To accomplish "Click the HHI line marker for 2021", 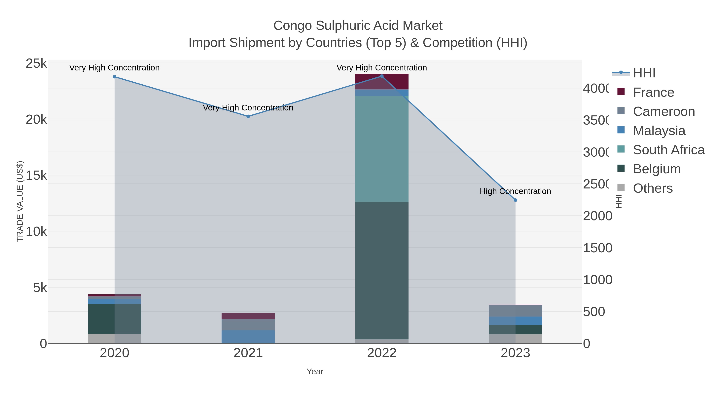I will pyautogui.click(x=248, y=116).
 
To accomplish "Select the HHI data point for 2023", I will pyautogui.click(x=515, y=200).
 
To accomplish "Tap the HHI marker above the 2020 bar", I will pyautogui.click(x=115, y=77).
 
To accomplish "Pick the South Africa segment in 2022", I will pyautogui.click(x=382, y=149).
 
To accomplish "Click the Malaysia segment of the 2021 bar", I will pyautogui.click(x=248, y=337).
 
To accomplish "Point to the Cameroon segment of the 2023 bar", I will pyautogui.click(x=515, y=311).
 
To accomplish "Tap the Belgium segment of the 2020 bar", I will pyautogui.click(x=115, y=319).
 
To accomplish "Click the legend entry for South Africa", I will pyautogui.click(x=668, y=150).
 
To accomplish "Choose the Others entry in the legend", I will pyautogui.click(x=653, y=188).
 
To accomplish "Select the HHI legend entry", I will pyautogui.click(x=644, y=73).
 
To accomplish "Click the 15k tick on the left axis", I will pyautogui.click(x=36, y=176).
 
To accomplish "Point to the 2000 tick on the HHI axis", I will pyautogui.click(x=597, y=216).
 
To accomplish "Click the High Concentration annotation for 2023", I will pyautogui.click(x=515, y=191).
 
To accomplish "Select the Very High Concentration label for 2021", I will pyautogui.click(x=248, y=108).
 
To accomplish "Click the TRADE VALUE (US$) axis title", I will pyautogui.click(x=20, y=201).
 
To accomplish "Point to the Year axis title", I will pyautogui.click(x=315, y=372).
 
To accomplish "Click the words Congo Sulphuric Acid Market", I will pyautogui.click(x=358, y=26).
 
